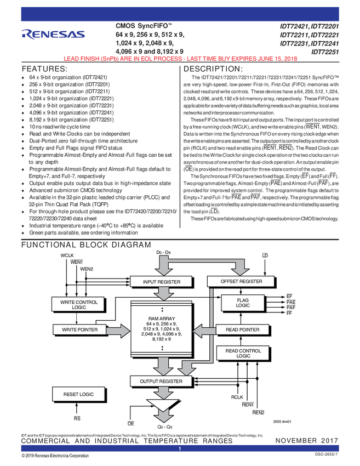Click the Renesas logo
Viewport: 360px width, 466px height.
pos(53,35)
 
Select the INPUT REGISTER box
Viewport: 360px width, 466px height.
pos(161,281)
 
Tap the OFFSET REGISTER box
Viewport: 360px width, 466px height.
pos(241,281)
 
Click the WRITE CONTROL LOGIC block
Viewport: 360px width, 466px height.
pos(76,304)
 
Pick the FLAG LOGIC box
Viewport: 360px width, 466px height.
pos(243,303)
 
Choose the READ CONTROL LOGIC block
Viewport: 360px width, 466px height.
pos(243,354)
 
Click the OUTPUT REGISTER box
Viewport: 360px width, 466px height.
pos(161,380)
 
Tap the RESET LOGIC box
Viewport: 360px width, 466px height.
pos(77,394)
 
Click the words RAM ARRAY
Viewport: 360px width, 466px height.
pos(161,319)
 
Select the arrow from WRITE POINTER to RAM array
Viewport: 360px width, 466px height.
pos(117,329)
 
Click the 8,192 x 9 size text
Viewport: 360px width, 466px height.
pos(161,339)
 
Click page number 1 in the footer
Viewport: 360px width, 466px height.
pos(180,449)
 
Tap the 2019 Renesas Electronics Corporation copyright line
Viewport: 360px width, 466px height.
pos(55,456)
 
